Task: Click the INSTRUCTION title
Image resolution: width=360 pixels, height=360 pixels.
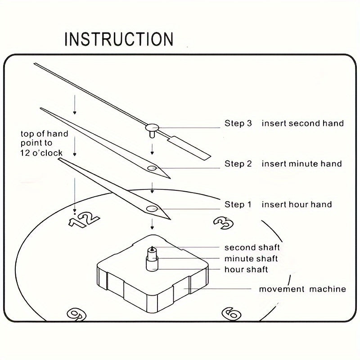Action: click(119, 39)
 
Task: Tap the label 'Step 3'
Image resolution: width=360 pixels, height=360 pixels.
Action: click(238, 123)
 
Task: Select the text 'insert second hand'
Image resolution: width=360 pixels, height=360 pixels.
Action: click(302, 123)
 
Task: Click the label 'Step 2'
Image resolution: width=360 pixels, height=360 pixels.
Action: click(238, 164)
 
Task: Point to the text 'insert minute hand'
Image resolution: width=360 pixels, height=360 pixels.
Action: click(301, 164)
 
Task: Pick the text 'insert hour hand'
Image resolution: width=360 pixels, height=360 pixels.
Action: click(297, 205)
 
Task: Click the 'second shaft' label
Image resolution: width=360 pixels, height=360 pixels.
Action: click(252, 247)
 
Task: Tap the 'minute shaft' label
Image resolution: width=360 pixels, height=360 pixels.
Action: click(251, 259)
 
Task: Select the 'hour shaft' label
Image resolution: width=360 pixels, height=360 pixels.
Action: click(246, 270)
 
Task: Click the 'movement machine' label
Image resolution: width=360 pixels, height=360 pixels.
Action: click(302, 289)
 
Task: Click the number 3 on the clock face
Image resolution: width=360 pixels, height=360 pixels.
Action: click(223, 222)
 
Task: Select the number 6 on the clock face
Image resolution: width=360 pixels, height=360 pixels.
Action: click(232, 313)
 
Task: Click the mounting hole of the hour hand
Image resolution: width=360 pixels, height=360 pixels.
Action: click(152, 208)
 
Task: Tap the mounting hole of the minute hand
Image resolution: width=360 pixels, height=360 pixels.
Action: click(152, 168)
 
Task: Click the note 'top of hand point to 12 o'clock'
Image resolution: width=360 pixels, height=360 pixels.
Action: click(45, 143)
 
